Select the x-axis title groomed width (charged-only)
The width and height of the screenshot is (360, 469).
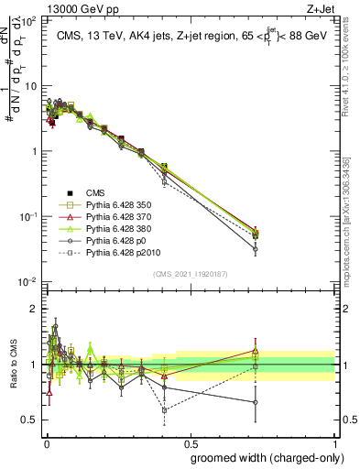[263, 457]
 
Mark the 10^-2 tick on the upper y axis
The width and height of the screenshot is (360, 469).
[27, 281]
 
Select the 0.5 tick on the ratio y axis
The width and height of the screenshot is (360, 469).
[30, 420]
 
